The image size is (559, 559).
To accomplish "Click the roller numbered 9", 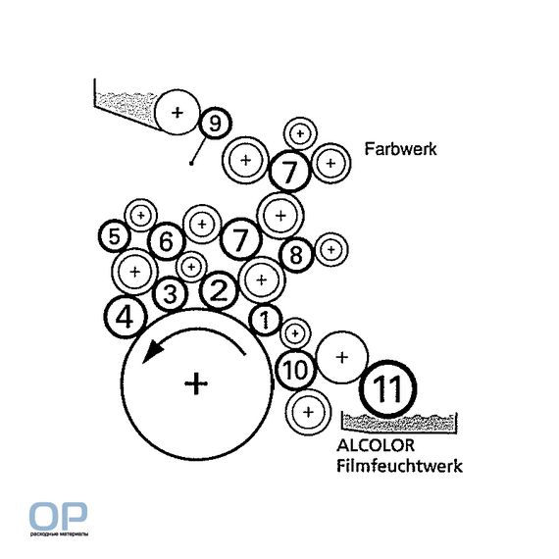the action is click(215, 124).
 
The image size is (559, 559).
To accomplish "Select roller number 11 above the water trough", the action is click(387, 387).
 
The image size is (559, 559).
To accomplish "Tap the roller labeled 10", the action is click(295, 370).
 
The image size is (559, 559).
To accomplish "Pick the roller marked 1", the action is click(265, 320).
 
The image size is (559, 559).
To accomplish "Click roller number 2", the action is click(219, 290).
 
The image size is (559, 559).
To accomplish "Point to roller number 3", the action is click(170, 294).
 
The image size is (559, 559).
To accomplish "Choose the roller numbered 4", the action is click(126, 318).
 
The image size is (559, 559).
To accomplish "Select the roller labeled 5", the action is click(115, 236).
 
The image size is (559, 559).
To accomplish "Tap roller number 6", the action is click(167, 241).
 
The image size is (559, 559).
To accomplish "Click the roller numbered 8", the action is click(296, 255).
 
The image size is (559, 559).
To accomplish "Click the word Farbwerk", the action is click(400, 149).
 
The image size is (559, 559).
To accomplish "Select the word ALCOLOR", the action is click(376, 445).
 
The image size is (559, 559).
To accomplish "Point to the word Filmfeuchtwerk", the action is click(400, 466).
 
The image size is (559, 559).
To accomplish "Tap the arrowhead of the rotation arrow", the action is click(151, 351).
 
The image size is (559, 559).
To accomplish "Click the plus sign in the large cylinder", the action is click(196, 383).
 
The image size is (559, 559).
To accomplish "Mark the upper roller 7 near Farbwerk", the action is click(289, 171).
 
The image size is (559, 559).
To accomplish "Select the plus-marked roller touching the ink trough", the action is click(178, 113).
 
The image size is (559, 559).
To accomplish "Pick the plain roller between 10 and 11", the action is click(342, 357).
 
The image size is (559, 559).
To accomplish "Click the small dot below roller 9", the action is click(191, 164).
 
